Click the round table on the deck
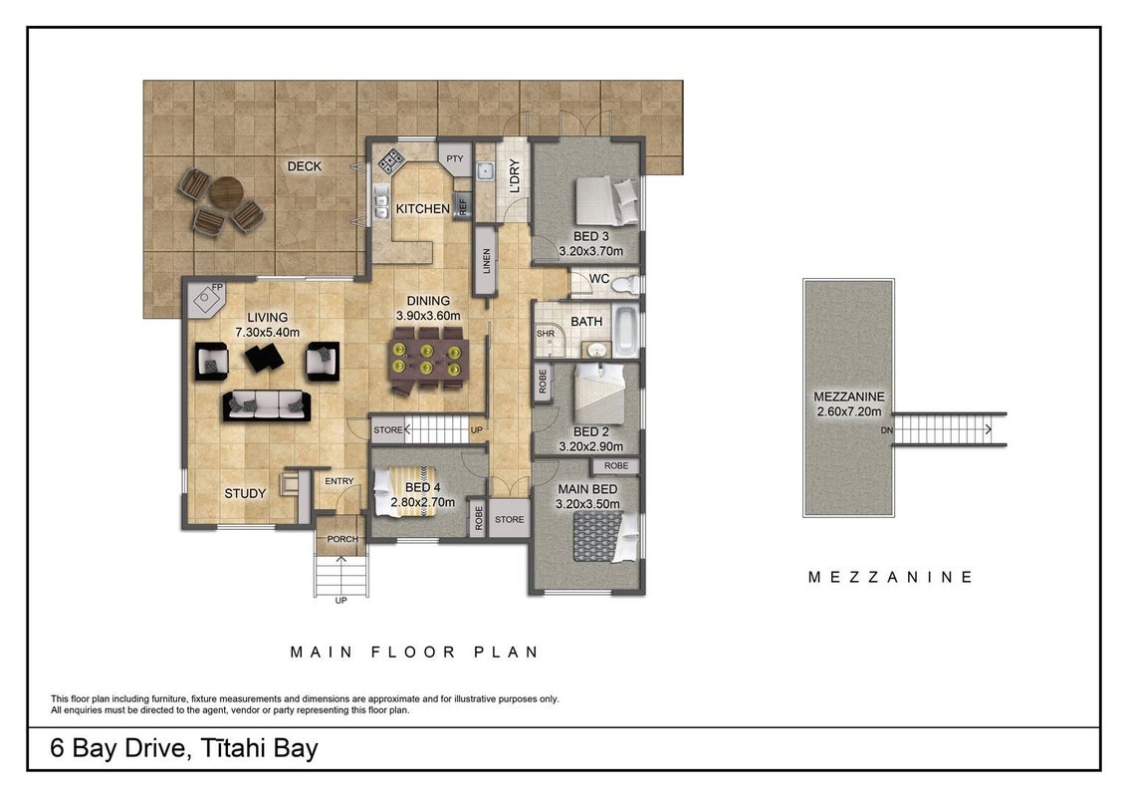pyautogui.click(x=226, y=193)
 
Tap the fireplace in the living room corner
pyautogui.click(x=206, y=298)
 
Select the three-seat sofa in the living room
pyautogui.click(x=266, y=405)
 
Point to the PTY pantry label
pyautogui.click(x=454, y=159)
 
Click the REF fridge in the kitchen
pyautogui.click(x=462, y=205)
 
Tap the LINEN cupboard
pyautogui.click(x=486, y=260)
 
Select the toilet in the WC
pyautogui.click(x=624, y=284)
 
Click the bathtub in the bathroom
pyautogui.click(x=625, y=332)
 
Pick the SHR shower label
pyautogui.click(x=546, y=334)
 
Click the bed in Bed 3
pyautogui.click(x=607, y=202)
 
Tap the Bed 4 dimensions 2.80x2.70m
pyautogui.click(x=422, y=502)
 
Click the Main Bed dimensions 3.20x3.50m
pyautogui.click(x=587, y=504)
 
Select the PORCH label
pyautogui.click(x=342, y=539)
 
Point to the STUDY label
pyautogui.click(x=245, y=493)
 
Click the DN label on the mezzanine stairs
pyautogui.click(x=887, y=430)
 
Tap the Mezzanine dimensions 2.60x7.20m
pyautogui.click(x=849, y=412)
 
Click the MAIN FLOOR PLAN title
pyautogui.click(x=415, y=653)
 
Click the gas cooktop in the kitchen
pyautogui.click(x=391, y=160)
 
